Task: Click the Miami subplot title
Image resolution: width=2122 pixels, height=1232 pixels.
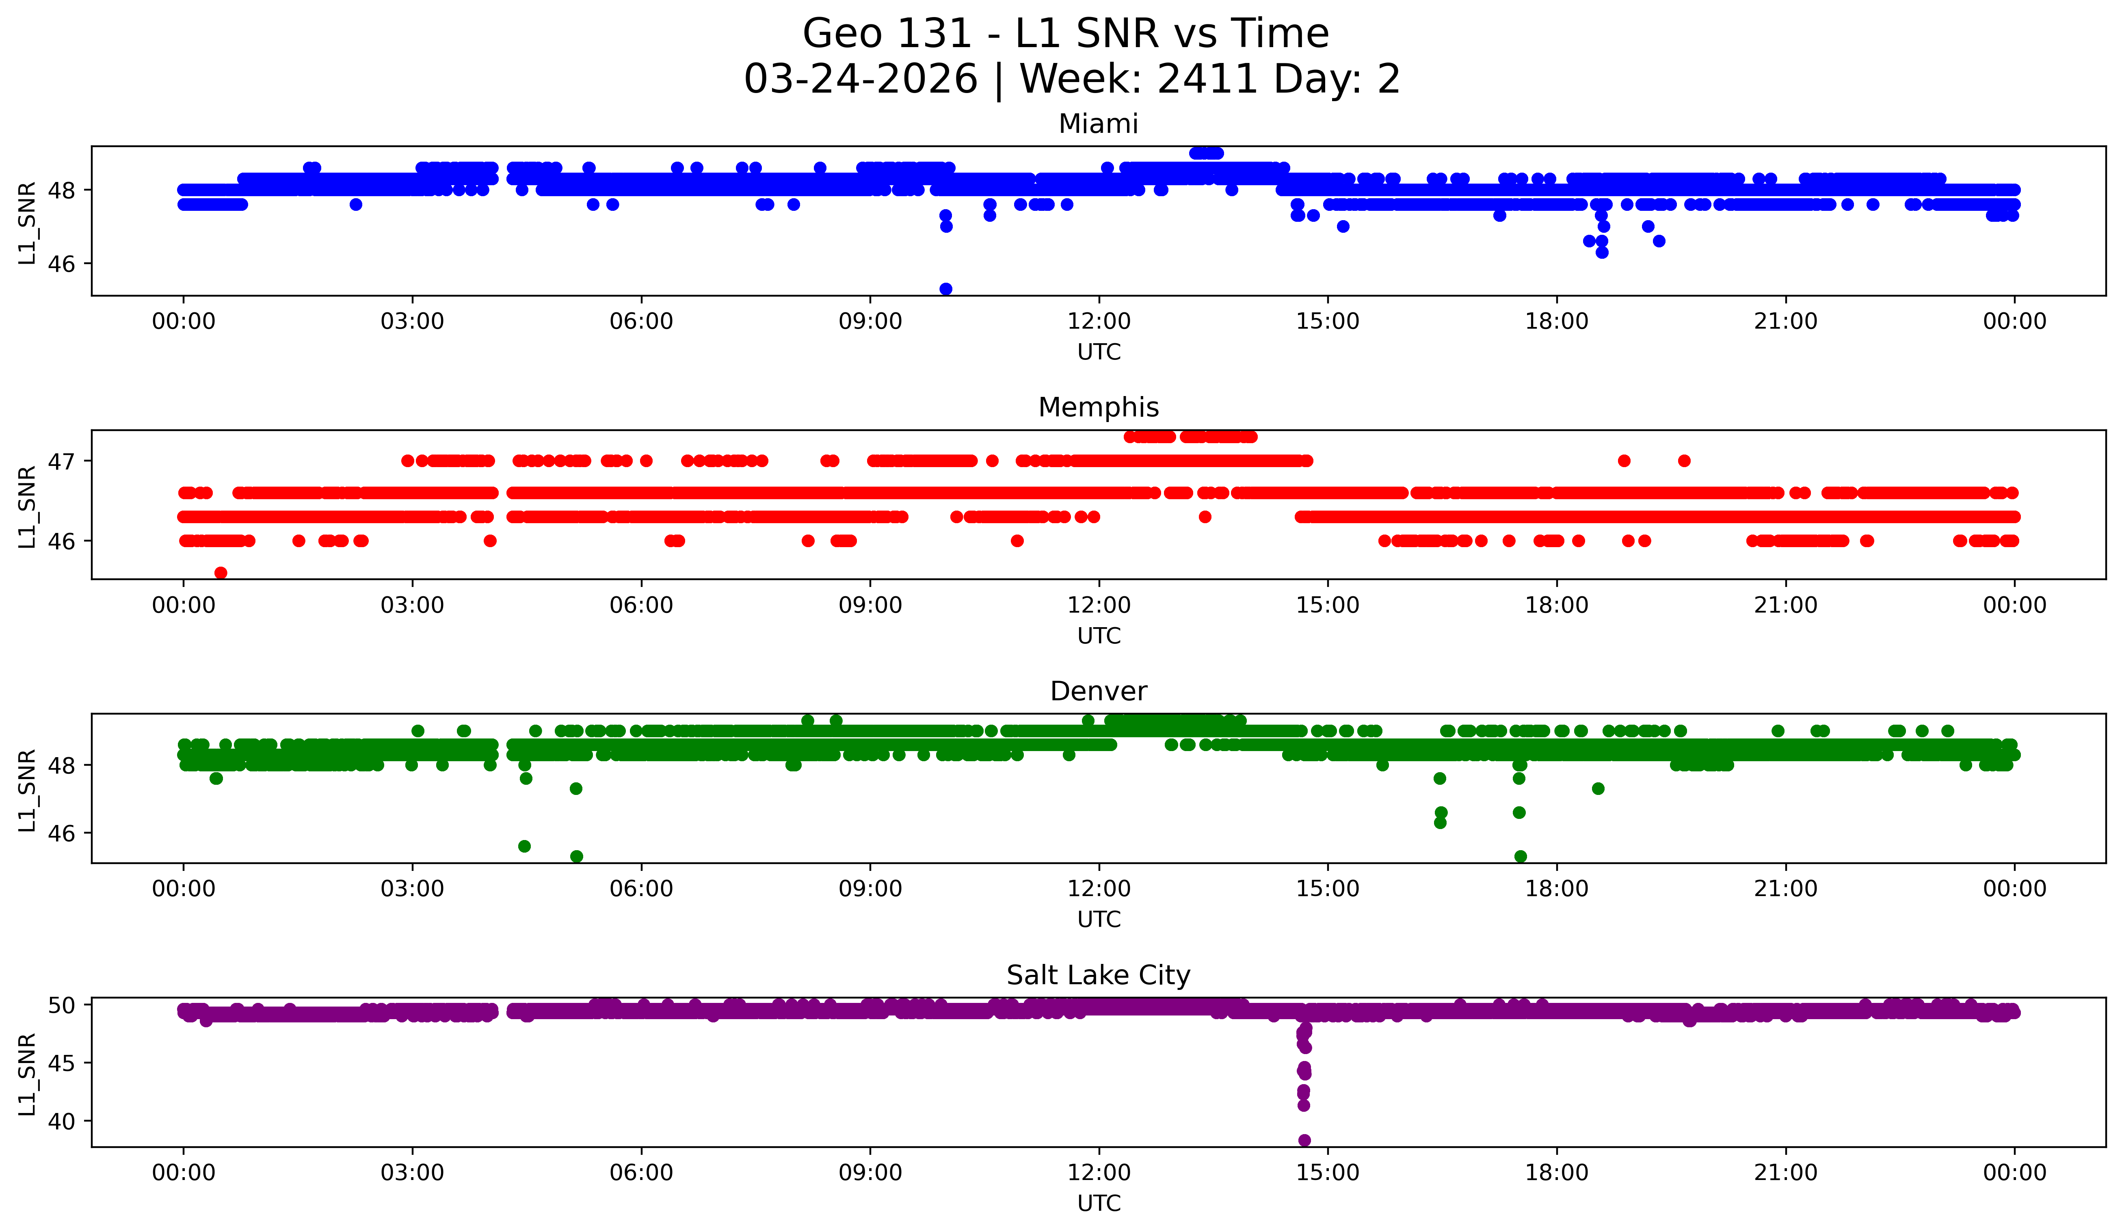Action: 1098,124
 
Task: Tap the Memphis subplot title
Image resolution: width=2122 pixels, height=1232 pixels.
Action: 1098,407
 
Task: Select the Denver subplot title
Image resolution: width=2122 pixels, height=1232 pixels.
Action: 1098,691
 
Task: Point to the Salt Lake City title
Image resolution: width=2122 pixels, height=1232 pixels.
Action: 1098,975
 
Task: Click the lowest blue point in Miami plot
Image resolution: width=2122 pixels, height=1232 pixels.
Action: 945,289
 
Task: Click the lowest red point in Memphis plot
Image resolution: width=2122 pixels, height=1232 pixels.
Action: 221,573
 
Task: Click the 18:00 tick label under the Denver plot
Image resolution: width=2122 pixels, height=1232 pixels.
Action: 1556,889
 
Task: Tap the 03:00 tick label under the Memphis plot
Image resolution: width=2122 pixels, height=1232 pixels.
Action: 413,606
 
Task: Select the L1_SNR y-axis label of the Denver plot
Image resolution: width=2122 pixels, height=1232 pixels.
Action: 27,790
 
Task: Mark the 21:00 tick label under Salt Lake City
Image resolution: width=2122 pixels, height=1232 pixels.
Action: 1785,1173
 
